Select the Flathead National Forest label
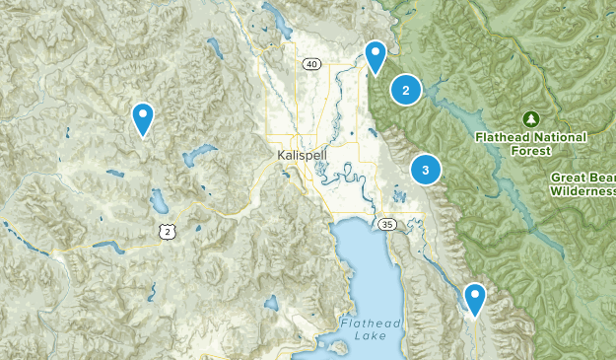click(530, 144)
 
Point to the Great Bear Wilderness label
click(582, 184)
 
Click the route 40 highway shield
click(311, 65)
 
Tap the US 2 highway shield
click(168, 231)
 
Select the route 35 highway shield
click(390, 224)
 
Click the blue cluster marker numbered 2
click(405, 90)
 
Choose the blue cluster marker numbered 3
click(425, 170)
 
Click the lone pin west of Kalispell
click(144, 117)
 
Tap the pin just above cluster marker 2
click(376, 56)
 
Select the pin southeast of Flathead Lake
click(475, 298)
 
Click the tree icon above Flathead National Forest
click(530, 118)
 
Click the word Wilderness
click(582, 191)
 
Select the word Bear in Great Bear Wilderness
click(595, 178)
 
